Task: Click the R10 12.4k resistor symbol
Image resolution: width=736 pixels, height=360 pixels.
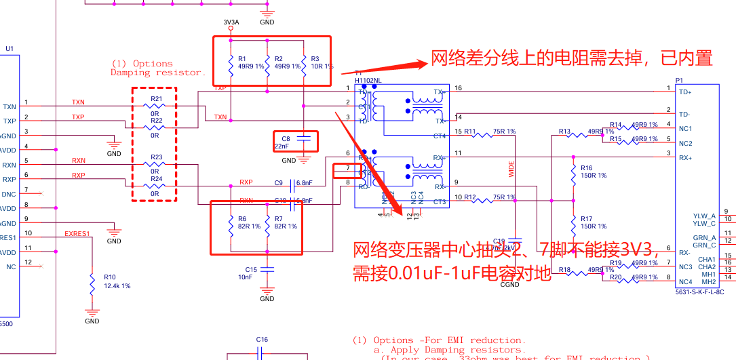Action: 92,285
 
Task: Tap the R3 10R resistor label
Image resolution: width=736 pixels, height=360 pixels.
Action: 321,63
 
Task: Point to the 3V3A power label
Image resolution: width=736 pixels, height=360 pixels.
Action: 231,22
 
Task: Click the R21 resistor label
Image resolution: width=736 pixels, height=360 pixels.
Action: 157,99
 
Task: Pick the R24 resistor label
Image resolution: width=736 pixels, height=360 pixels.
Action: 157,179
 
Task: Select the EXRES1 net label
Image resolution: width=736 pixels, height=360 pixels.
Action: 77,234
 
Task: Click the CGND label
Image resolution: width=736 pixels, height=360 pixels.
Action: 509,285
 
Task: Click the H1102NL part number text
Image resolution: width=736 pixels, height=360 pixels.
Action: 368,80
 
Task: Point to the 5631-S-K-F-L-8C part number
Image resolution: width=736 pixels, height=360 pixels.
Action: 699,292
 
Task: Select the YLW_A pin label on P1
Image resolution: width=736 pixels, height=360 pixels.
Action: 705,216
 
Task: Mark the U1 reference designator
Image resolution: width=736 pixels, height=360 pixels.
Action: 9,48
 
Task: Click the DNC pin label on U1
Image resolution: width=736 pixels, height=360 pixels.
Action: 9,195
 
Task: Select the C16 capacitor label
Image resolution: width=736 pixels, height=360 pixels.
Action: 262,339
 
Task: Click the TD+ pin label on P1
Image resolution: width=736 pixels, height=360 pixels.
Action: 685,92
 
